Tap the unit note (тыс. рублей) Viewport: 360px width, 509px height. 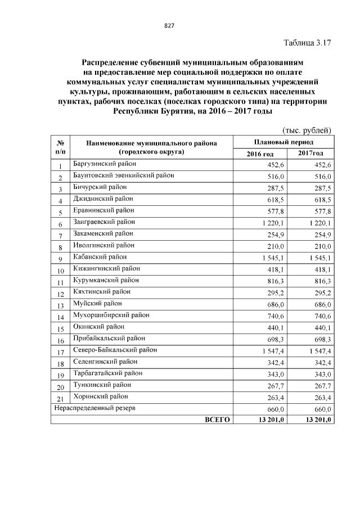307,130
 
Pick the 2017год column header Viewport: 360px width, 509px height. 310,154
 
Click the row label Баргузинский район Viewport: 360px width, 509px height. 103,164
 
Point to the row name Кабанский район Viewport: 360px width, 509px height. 100,256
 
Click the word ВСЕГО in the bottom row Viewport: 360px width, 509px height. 217,420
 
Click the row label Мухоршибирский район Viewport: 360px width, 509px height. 111,315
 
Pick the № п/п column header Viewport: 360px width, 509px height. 60,147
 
